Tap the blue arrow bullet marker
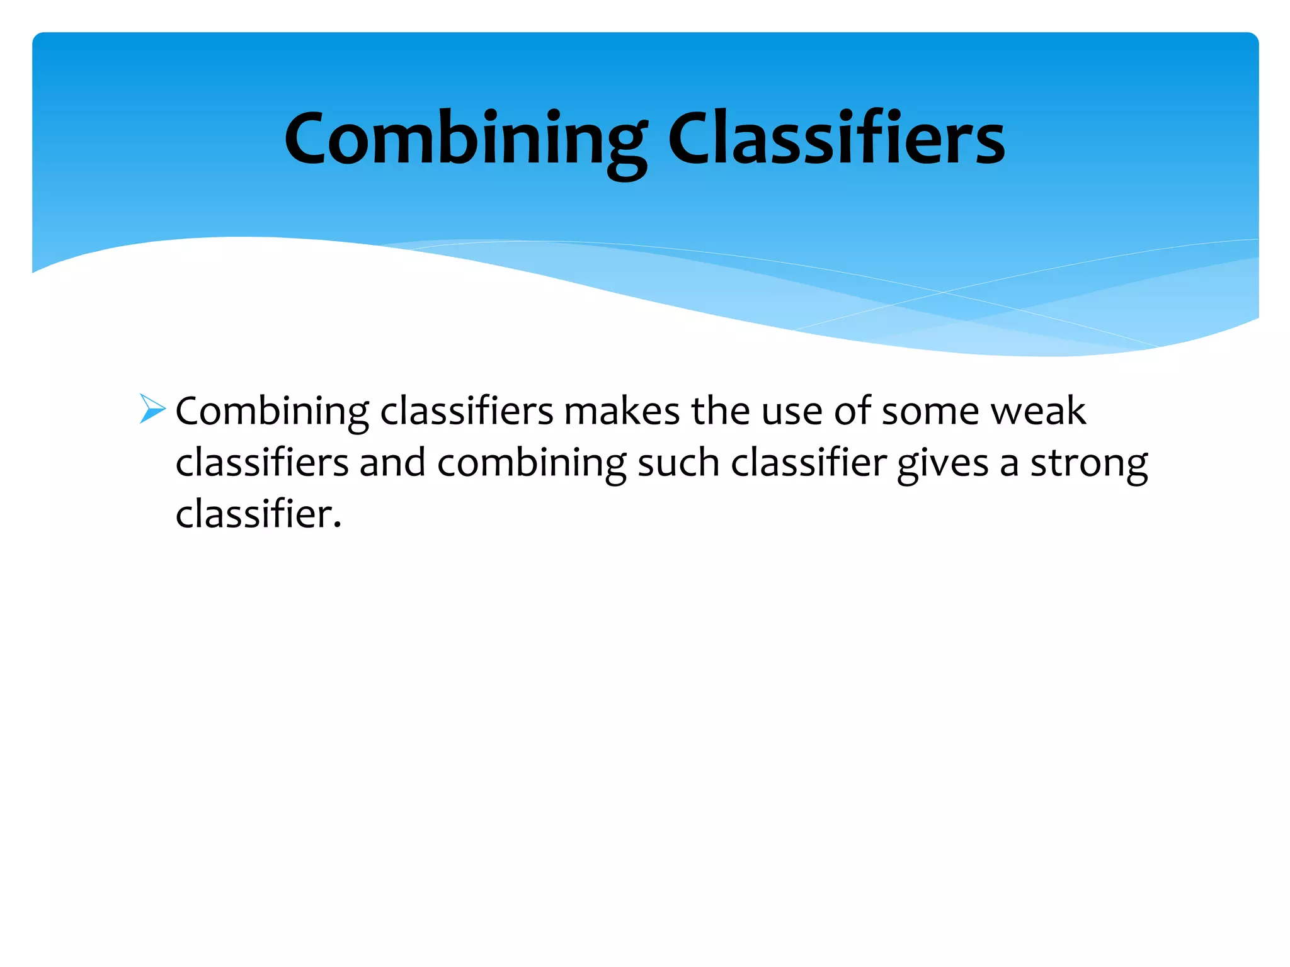[x=152, y=409]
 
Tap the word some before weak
[x=930, y=412]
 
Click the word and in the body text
[x=392, y=463]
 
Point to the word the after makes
[x=721, y=412]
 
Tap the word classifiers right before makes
[x=467, y=412]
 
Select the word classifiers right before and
[x=262, y=463]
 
